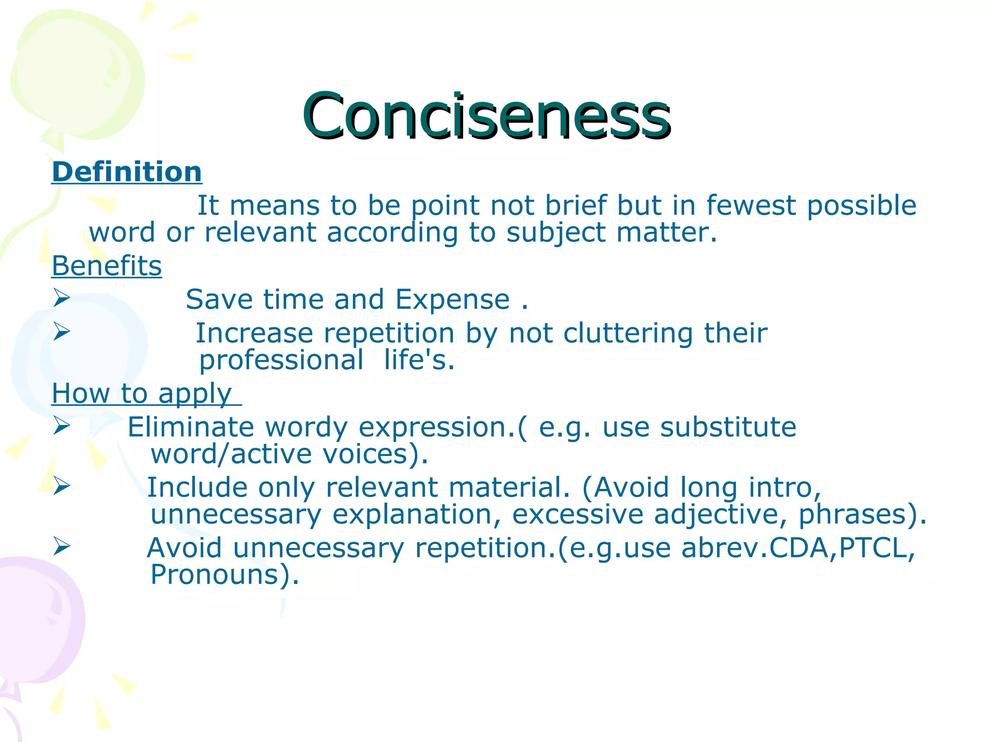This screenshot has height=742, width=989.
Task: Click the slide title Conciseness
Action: pyautogui.click(x=486, y=116)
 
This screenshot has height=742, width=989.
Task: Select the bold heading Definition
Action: pyautogui.click(x=127, y=172)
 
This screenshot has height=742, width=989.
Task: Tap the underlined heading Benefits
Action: pyautogui.click(x=107, y=266)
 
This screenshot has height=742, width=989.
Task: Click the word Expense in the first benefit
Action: pyautogui.click(x=452, y=300)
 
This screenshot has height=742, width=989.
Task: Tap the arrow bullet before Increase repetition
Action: pyautogui.click(x=62, y=331)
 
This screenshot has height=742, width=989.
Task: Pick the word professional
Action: pyautogui.click(x=282, y=360)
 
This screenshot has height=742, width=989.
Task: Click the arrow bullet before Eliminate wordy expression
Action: pyautogui.click(x=62, y=426)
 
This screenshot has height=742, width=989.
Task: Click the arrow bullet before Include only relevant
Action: pyautogui.click(x=62, y=485)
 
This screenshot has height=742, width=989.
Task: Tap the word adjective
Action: pyautogui.click(x=717, y=514)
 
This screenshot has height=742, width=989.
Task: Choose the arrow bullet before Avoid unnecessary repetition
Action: pyautogui.click(x=62, y=546)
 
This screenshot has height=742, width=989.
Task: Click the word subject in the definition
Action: pyautogui.click(x=555, y=233)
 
